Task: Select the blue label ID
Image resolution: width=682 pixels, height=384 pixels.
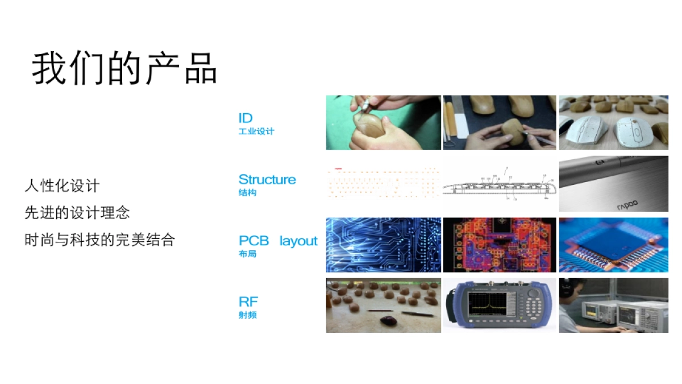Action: click(x=246, y=118)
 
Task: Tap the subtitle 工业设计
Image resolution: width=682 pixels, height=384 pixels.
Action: click(x=256, y=131)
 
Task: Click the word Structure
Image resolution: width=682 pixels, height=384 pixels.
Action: click(x=267, y=180)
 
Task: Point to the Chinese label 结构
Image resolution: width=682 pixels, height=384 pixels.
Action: click(x=247, y=193)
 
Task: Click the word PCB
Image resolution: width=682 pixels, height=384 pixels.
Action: click(x=253, y=241)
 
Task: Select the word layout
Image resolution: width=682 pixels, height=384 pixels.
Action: click(x=298, y=241)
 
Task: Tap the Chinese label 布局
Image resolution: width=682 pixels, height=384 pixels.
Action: click(x=247, y=254)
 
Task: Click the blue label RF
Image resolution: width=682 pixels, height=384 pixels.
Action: click(x=248, y=302)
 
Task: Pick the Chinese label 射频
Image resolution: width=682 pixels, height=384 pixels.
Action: click(x=247, y=315)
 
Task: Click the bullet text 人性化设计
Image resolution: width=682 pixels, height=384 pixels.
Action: click(x=62, y=185)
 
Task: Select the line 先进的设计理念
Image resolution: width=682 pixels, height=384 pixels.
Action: click(x=77, y=213)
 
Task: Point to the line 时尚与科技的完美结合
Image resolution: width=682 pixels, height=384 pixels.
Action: click(x=99, y=240)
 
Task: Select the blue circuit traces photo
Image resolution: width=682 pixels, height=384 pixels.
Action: click(x=383, y=245)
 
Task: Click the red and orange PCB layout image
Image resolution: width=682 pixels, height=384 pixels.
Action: click(x=500, y=245)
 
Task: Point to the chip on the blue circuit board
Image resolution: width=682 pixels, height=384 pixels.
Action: click(x=611, y=241)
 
